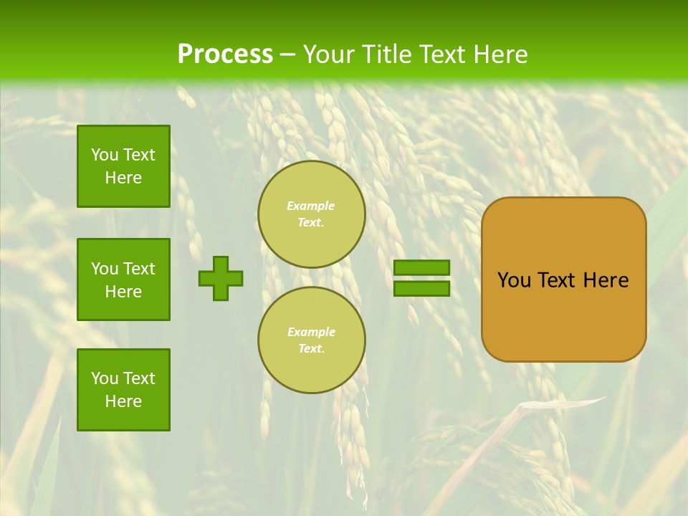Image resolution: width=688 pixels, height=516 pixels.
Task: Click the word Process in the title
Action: pos(225,54)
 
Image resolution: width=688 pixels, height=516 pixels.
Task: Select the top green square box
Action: pos(123,166)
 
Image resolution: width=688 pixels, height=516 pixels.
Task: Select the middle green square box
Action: pos(123,279)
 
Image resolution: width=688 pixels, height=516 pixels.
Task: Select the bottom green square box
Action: pos(123,390)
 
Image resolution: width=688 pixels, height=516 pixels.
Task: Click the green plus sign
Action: pos(221,278)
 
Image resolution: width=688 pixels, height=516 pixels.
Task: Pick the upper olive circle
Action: pos(312,214)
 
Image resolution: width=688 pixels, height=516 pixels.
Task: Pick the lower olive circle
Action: pos(312,340)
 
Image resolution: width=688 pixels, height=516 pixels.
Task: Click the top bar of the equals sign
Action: pos(422,268)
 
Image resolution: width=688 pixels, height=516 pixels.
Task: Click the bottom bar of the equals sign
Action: pos(422,289)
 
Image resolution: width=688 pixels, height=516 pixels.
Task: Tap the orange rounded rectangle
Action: pos(564,315)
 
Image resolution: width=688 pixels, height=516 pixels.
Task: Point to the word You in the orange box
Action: pos(515,280)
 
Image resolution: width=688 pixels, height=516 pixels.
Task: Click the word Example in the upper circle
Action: pos(311,206)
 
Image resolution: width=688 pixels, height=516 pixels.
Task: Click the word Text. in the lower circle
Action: pos(311,349)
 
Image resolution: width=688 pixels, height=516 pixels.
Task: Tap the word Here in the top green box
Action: pos(123,178)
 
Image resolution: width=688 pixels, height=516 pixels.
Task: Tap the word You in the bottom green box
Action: pos(105,378)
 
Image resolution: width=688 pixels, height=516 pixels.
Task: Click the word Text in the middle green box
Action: pos(139,269)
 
